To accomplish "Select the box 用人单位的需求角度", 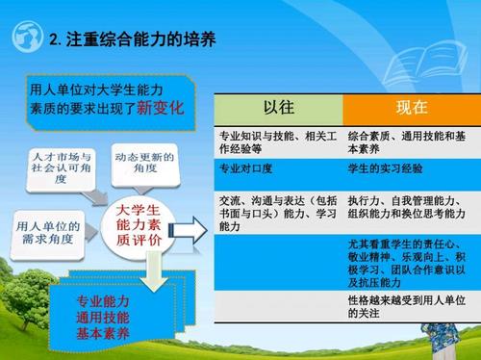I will tap(50, 231).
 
